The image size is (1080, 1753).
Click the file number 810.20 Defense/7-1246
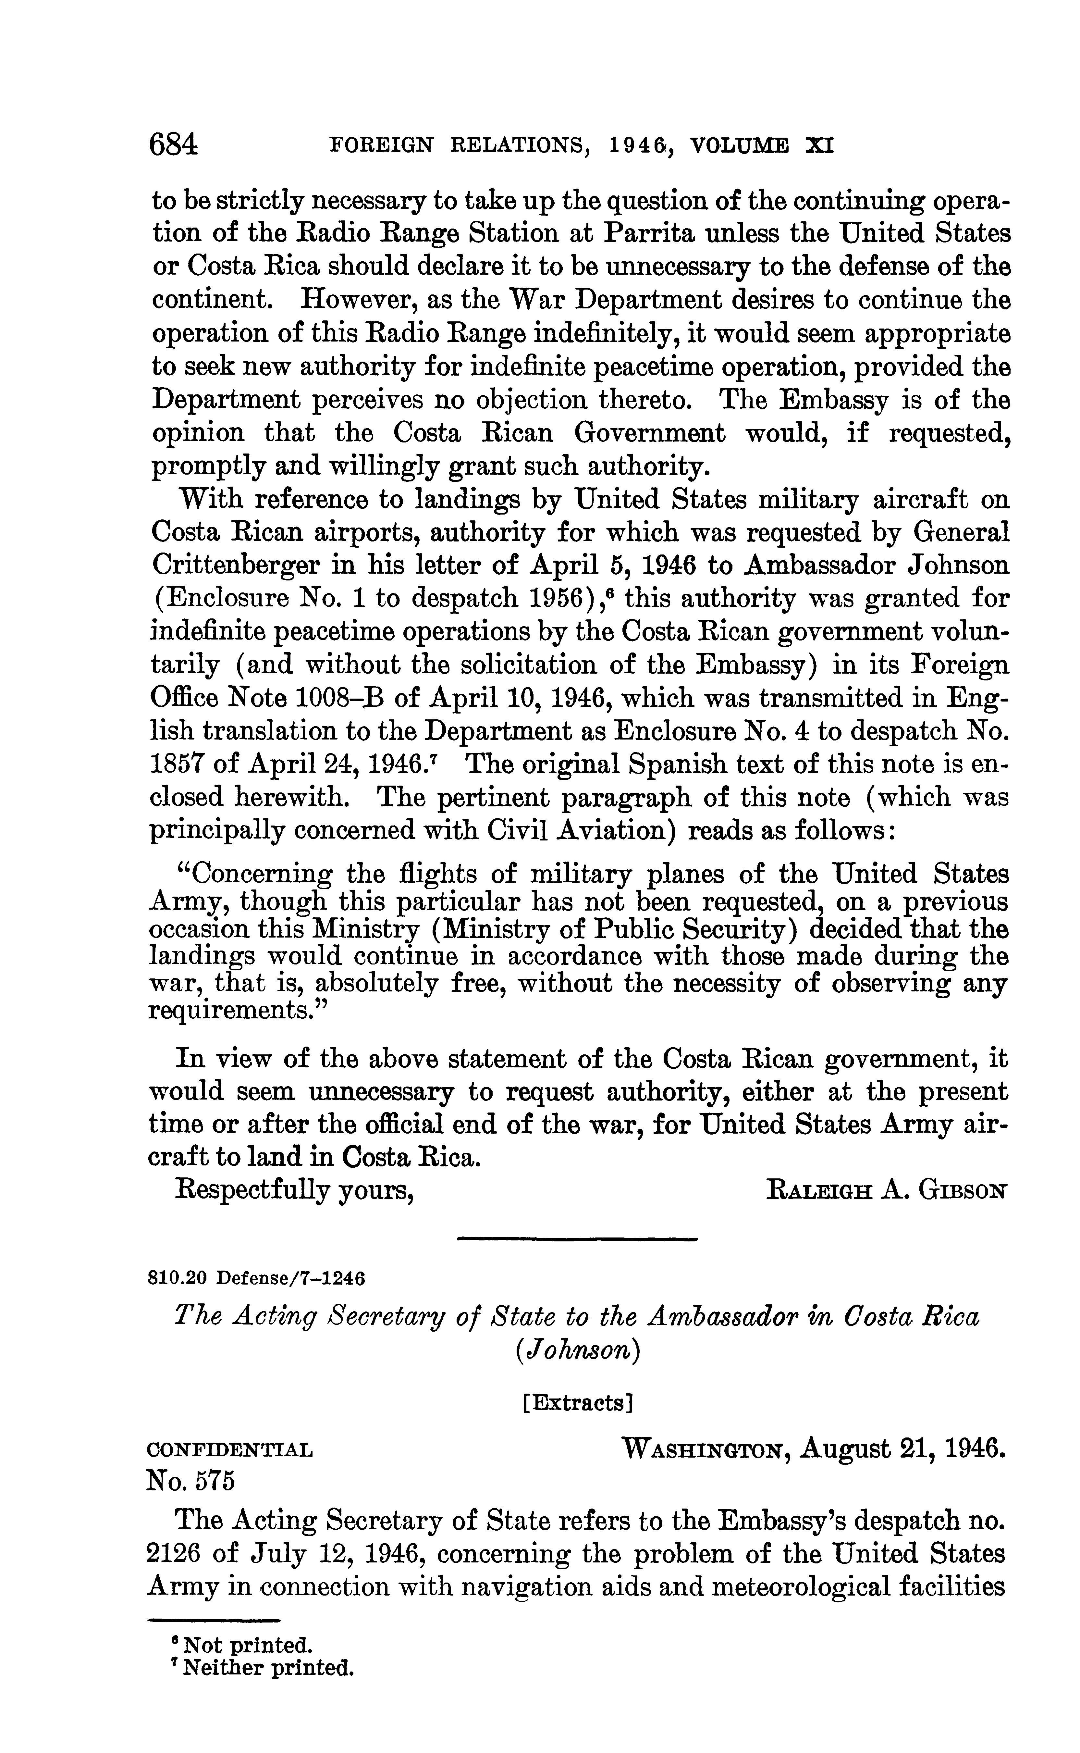pos(256,1277)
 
